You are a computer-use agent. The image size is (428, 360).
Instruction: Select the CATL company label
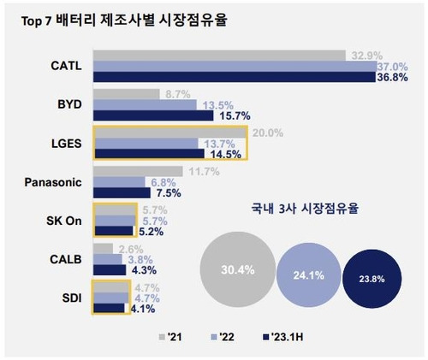65,65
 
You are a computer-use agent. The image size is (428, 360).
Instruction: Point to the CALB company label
66,257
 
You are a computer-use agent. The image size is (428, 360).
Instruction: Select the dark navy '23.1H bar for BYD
152,115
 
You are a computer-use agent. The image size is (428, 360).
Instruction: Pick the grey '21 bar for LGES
171,132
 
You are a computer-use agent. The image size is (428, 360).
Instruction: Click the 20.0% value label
268,133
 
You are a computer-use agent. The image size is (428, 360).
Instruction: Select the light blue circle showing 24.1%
308,275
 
